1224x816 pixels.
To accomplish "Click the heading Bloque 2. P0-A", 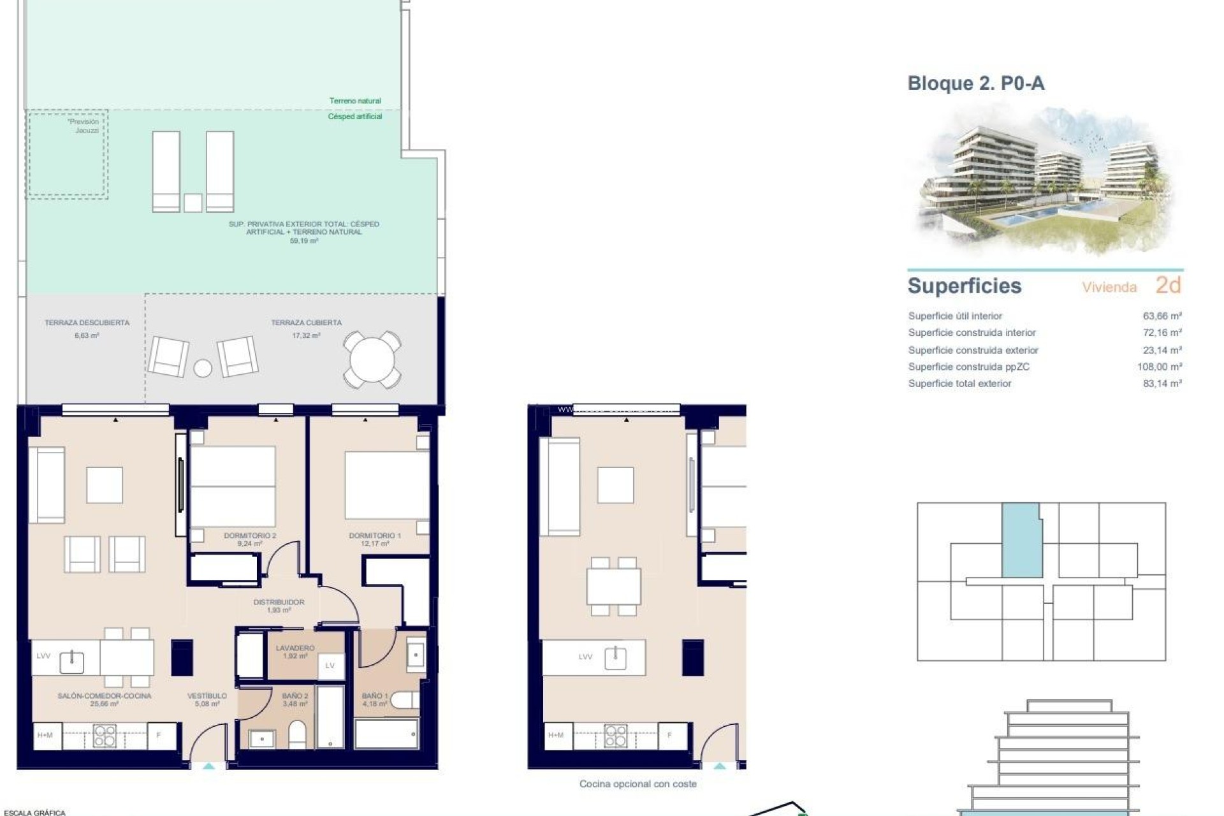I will (x=975, y=84).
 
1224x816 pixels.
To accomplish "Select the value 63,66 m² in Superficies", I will (x=1162, y=316).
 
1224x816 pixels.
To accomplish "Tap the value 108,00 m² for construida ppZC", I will (x=1159, y=367).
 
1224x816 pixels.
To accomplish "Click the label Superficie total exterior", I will (x=959, y=383).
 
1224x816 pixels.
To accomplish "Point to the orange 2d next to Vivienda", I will (x=1168, y=285).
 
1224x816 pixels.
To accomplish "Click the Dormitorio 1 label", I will (x=375, y=535).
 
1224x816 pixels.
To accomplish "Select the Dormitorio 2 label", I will (x=250, y=535).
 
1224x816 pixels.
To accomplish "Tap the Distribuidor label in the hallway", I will (x=279, y=602).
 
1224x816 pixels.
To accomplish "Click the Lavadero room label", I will (x=295, y=648).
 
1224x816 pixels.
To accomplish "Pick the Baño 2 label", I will (x=295, y=696).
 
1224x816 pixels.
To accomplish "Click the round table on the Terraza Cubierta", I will (x=372, y=360).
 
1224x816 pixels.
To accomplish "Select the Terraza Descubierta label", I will (x=87, y=323).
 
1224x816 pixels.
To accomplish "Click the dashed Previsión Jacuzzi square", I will (x=67, y=154).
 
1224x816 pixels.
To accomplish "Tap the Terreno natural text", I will (x=355, y=101).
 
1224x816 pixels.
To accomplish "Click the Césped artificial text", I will (x=355, y=117).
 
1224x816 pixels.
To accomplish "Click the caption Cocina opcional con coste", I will (x=637, y=783).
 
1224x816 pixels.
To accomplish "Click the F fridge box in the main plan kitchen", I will (x=159, y=735).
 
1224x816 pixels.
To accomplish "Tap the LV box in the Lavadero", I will (x=330, y=666).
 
